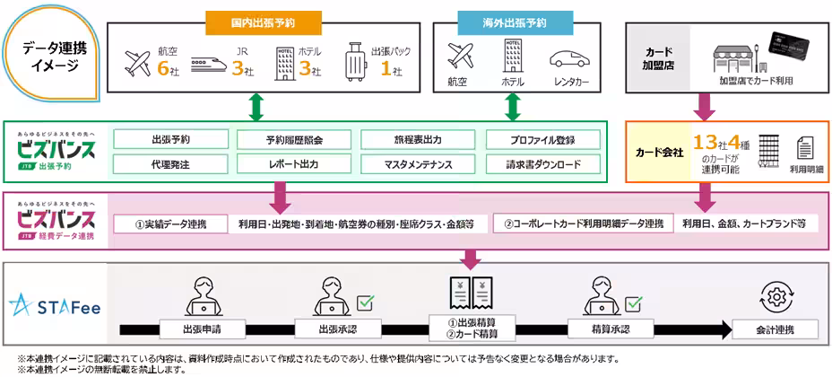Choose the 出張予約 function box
click(x=170, y=139)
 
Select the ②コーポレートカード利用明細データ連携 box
click(x=584, y=223)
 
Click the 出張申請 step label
click(x=202, y=329)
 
